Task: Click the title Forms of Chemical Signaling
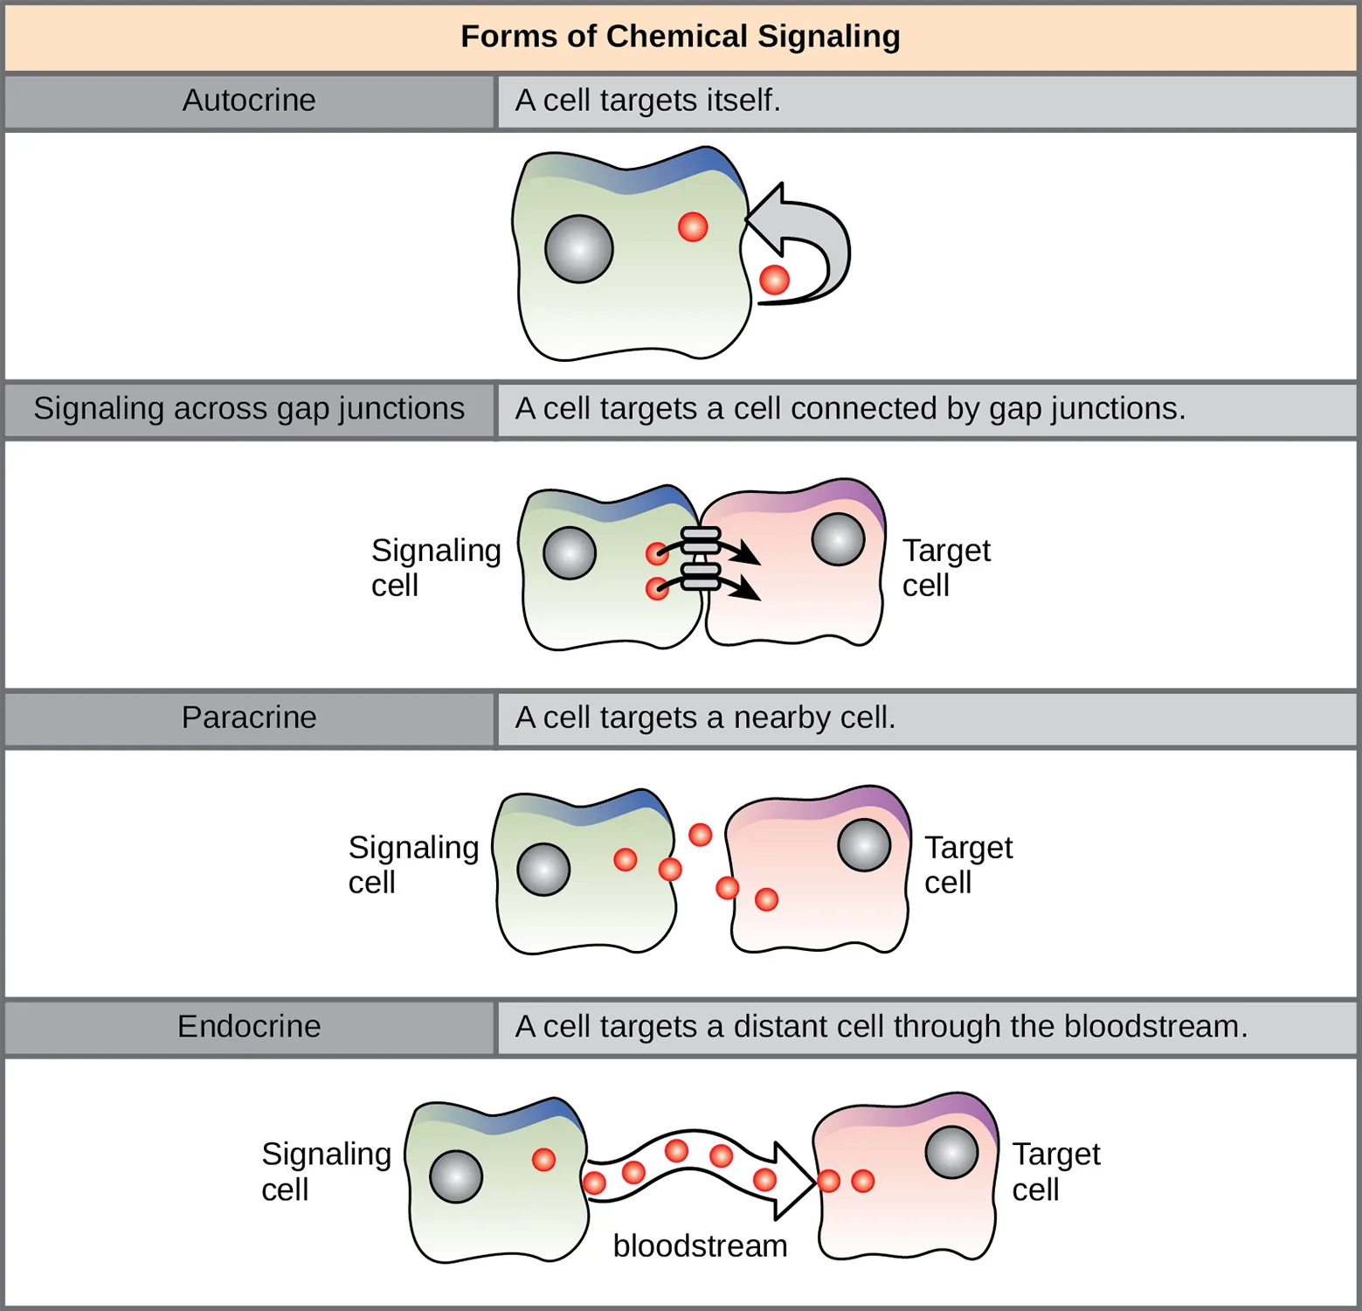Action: coord(680,37)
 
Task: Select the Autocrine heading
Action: coord(249,101)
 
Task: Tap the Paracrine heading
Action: coord(249,718)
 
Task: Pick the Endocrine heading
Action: coord(249,1026)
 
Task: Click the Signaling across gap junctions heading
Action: coord(249,409)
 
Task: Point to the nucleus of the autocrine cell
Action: coord(579,249)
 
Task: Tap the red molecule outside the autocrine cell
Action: coord(774,280)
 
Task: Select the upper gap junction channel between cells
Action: coord(700,541)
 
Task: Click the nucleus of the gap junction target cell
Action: coord(838,539)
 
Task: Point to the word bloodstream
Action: coord(700,1245)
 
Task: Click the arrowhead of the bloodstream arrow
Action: coord(795,1181)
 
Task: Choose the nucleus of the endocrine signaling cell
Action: coord(456,1176)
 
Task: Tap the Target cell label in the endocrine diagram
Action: coord(1055,1171)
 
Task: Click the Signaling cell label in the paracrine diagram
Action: coord(412,864)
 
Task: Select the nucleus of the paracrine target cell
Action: coord(864,845)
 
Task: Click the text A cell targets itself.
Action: coord(647,101)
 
